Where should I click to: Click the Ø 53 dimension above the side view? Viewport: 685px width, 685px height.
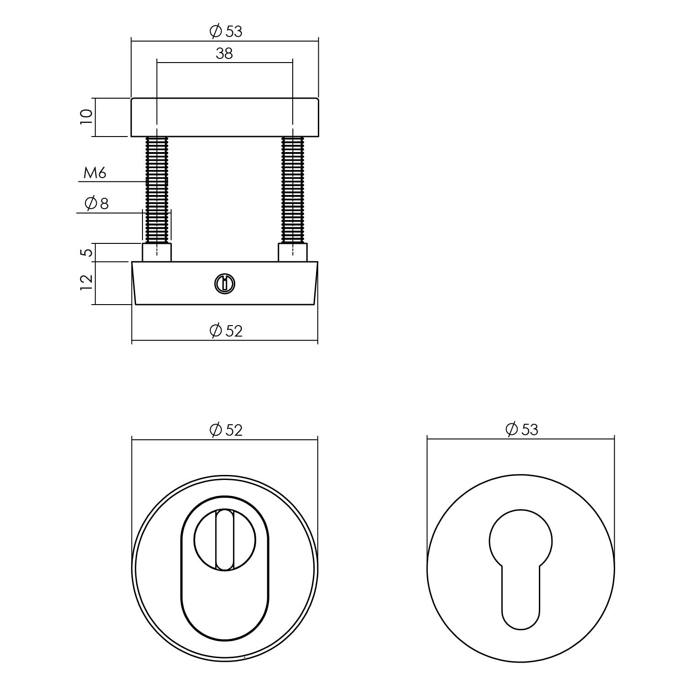click(226, 32)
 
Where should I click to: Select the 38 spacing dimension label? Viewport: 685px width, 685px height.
click(224, 53)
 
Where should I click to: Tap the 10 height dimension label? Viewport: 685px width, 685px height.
click(86, 117)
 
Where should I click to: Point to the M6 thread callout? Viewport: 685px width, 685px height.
click(95, 173)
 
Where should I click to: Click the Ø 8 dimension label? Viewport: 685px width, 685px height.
click(97, 204)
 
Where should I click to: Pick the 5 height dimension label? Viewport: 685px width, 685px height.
click(86, 252)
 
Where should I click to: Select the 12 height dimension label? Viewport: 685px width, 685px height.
click(86, 283)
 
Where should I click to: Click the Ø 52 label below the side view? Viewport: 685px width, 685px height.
click(226, 330)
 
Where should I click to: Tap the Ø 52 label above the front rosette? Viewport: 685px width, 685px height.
click(226, 430)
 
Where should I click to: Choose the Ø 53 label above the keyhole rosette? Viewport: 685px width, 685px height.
click(522, 429)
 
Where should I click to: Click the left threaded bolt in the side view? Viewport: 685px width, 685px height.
click(157, 190)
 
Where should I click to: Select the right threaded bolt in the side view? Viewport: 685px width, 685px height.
click(293, 190)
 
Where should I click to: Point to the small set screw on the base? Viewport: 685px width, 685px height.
click(224, 284)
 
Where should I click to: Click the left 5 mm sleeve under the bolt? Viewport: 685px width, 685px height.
click(157, 253)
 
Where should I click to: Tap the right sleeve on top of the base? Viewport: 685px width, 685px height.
click(293, 253)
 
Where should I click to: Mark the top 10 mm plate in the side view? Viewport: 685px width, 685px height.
click(224, 117)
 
